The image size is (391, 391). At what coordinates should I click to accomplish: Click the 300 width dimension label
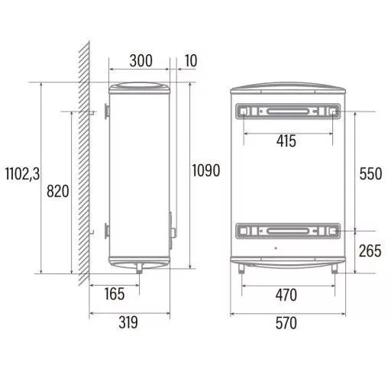pyautogui.click(x=141, y=61)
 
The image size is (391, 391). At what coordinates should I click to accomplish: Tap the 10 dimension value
pyautogui.click(x=191, y=61)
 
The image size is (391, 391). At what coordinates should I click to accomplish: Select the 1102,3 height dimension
pyautogui.click(x=23, y=174)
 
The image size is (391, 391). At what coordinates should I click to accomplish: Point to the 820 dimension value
pyautogui.click(x=58, y=191)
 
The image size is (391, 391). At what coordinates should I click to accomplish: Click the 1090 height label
pyautogui.click(x=206, y=170)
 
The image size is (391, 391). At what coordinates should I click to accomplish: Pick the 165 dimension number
pyautogui.click(x=115, y=294)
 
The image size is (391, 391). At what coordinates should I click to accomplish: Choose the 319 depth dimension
pyautogui.click(x=128, y=322)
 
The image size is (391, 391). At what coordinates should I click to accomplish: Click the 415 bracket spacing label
pyautogui.click(x=286, y=141)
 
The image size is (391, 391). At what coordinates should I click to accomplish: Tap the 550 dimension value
pyautogui.click(x=370, y=173)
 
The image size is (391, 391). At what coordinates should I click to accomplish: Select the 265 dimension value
pyautogui.click(x=370, y=250)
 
